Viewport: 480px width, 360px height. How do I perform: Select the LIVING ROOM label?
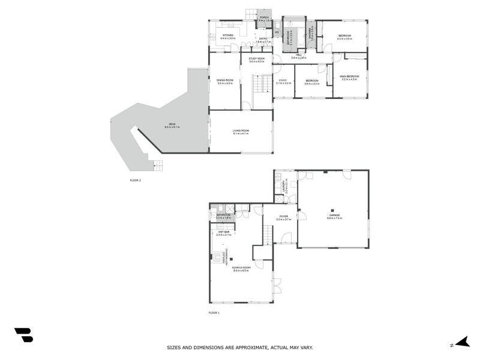click(x=241, y=131)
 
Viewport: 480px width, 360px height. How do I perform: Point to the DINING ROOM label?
click(x=224, y=81)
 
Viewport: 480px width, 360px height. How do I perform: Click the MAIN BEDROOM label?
click(x=349, y=76)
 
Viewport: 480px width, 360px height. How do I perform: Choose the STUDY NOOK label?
click(x=256, y=59)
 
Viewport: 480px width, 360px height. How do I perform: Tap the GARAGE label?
click(x=334, y=215)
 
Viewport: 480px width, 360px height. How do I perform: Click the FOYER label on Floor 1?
click(x=283, y=217)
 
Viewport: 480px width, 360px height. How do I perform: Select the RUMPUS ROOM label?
click(x=241, y=269)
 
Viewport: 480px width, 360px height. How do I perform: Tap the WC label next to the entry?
click(x=277, y=32)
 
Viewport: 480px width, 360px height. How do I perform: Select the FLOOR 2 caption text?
click(x=136, y=180)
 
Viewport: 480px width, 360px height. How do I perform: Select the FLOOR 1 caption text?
click(x=214, y=313)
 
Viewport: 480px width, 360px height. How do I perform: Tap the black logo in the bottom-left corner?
click(x=23, y=335)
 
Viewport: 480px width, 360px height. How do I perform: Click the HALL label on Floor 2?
click(x=299, y=55)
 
